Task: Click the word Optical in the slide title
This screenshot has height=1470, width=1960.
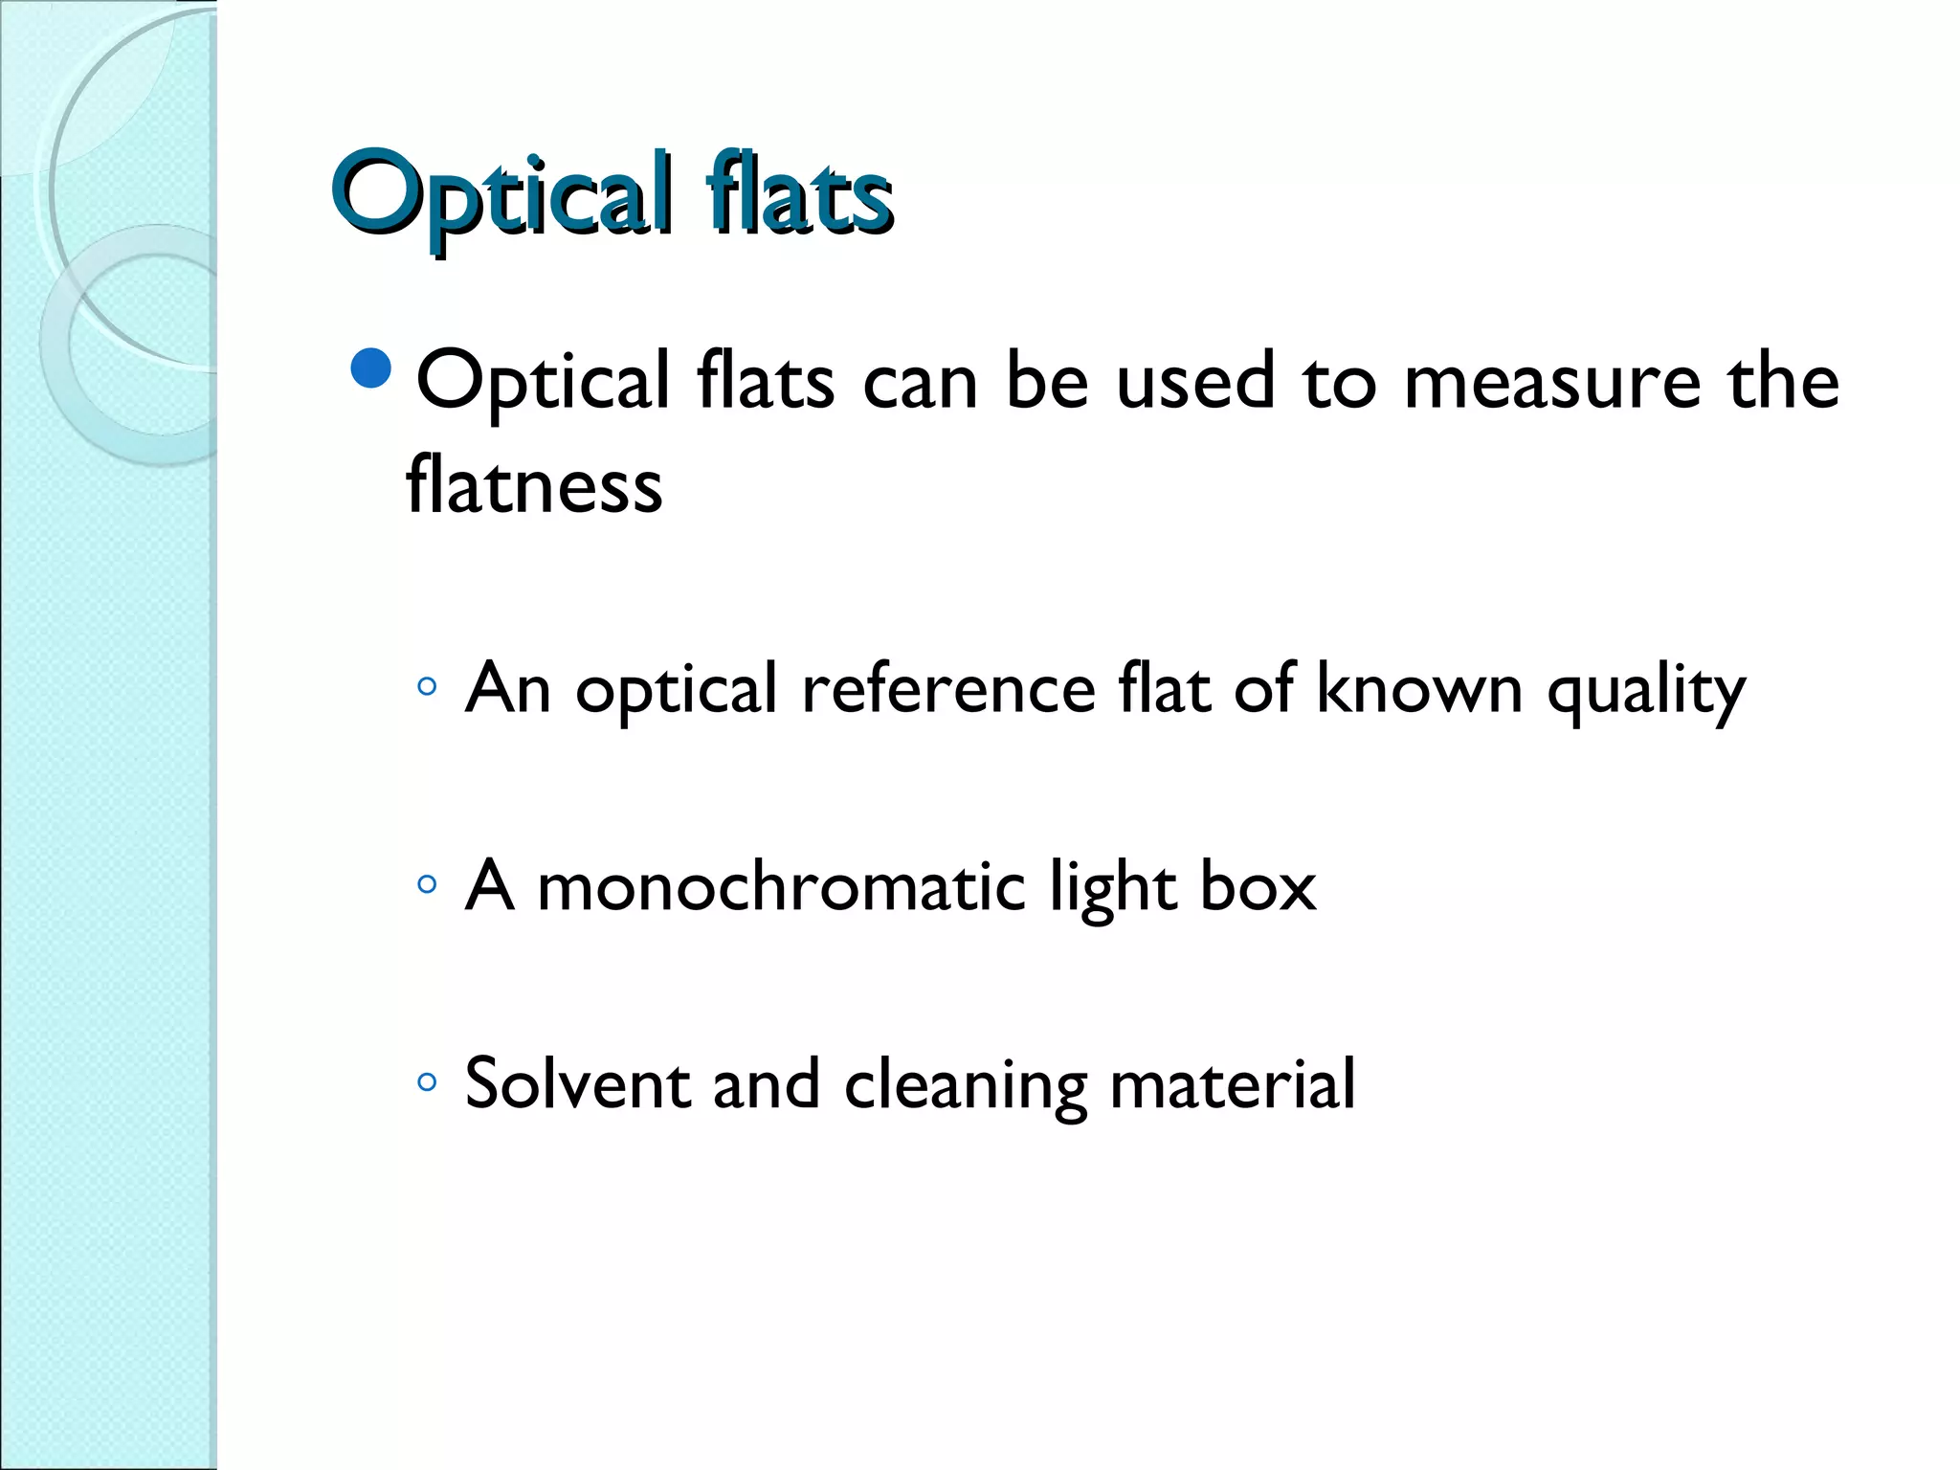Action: (501, 196)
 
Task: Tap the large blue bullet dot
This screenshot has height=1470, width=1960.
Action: (371, 368)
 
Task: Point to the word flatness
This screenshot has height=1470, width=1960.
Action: (534, 486)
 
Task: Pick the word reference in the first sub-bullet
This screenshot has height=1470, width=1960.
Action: (948, 688)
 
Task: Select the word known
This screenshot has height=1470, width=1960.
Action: (1418, 688)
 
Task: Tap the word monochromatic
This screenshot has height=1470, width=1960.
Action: (781, 886)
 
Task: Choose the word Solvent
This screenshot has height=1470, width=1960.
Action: (577, 1083)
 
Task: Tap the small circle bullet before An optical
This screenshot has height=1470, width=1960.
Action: (427, 686)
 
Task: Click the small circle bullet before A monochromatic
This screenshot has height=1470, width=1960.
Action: (427, 884)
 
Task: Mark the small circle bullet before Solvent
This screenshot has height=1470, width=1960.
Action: (427, 1082)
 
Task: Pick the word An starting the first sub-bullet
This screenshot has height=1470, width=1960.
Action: (507, 688)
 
